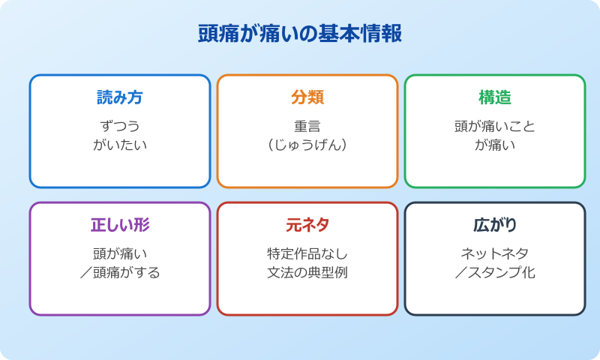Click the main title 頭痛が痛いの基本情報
coord(300,34)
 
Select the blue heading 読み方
coord(120,97)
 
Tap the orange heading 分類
coord(307,97)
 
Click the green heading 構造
coord(495,97)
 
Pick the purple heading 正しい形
coord(120,225)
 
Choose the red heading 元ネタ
coord(307,225)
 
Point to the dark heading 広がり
coord(495,225)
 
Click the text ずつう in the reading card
coord(120,126)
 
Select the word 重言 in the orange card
coord(307,126)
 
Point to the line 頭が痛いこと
coord(495,126)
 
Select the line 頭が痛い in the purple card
coord(120,253)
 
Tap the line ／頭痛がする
coord(120,272)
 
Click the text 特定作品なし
coord(307,253)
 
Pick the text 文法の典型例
coord(307,272)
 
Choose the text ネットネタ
coord(495,253)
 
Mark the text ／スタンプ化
coord(495,272)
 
